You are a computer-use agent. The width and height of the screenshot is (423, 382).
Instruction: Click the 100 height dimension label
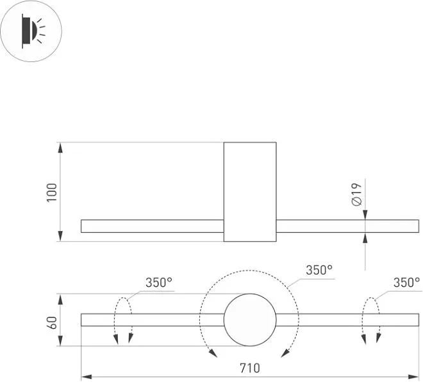pos(51,193)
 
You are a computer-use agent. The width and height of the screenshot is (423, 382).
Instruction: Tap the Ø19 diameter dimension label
pos(357,195)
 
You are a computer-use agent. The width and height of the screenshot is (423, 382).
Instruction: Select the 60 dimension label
pos(51,322)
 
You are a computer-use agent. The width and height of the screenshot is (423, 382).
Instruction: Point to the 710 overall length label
pos(250,368)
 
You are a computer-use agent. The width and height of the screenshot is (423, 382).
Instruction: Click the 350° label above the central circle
pos(319,270)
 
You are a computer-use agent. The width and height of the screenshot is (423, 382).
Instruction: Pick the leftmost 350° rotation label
pos(159,282)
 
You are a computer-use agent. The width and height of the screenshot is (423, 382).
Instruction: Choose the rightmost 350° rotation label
pos(406,282)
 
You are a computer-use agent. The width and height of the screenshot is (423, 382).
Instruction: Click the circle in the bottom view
pos(250,294)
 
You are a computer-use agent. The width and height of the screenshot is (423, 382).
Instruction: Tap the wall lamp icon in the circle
pos(33,31)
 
